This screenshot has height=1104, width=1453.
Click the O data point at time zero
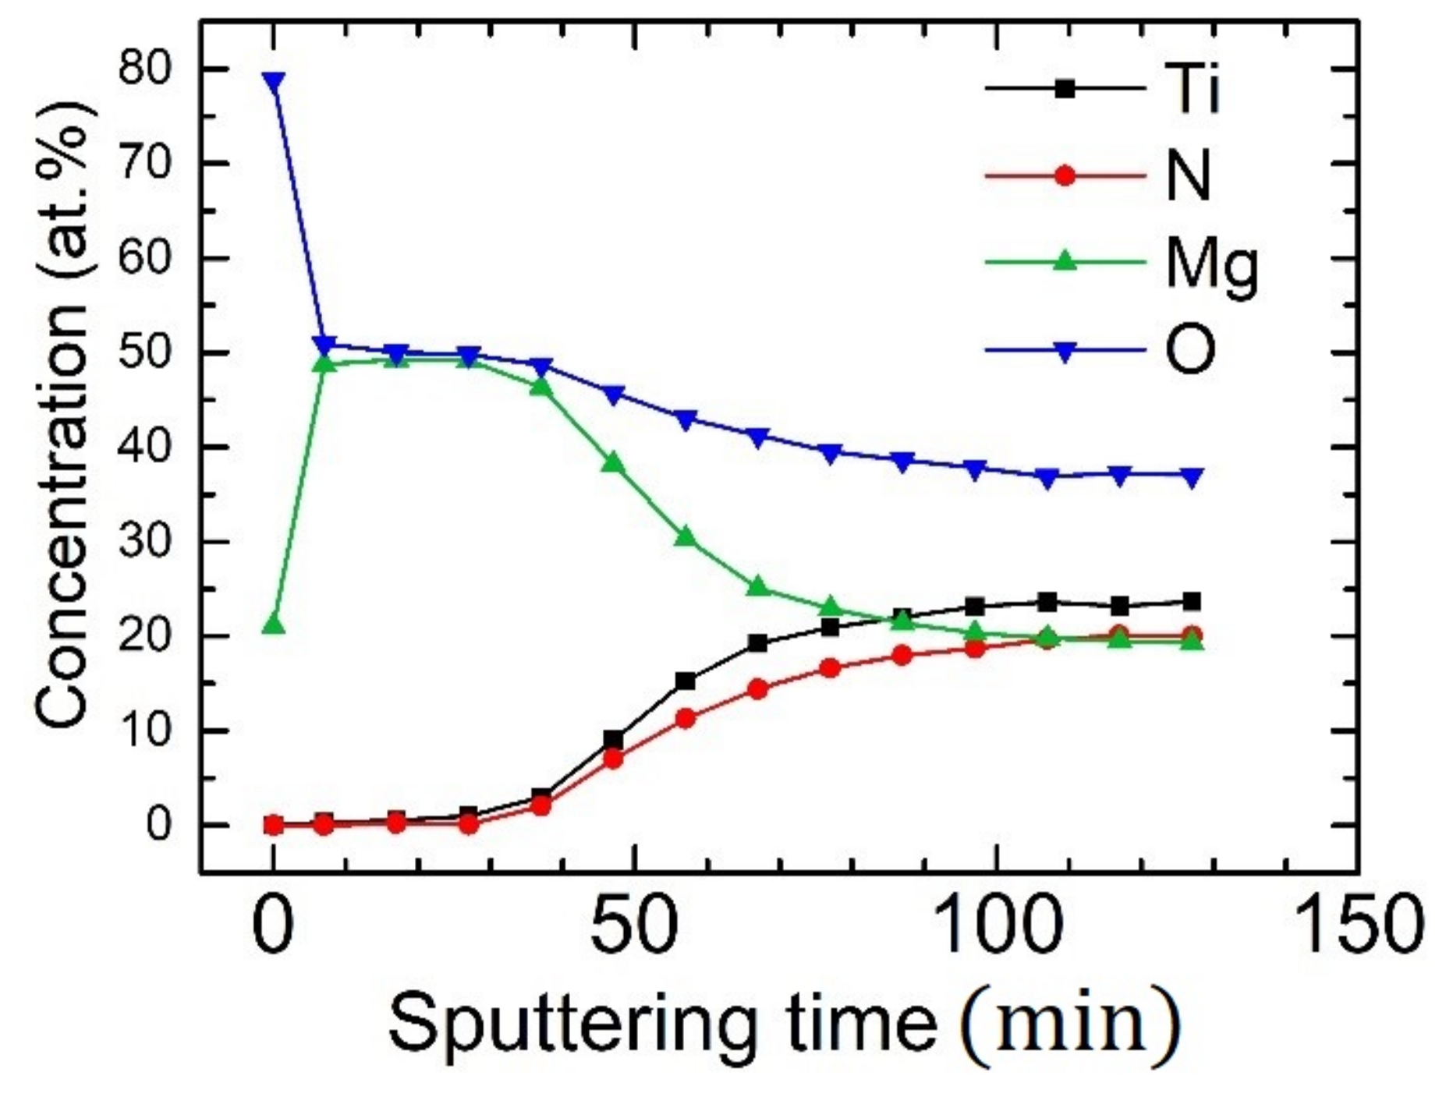(274, 81)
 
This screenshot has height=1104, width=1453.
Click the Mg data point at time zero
(274, 625)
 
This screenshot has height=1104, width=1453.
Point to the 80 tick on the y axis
(147, 69)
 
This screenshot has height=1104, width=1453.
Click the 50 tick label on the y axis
(147, 353)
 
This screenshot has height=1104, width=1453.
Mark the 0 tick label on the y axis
(158, 825)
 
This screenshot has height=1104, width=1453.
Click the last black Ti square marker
(1192, 602)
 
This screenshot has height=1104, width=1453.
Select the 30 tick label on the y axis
(147, 542)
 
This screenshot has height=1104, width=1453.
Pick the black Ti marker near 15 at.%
(686, 681)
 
